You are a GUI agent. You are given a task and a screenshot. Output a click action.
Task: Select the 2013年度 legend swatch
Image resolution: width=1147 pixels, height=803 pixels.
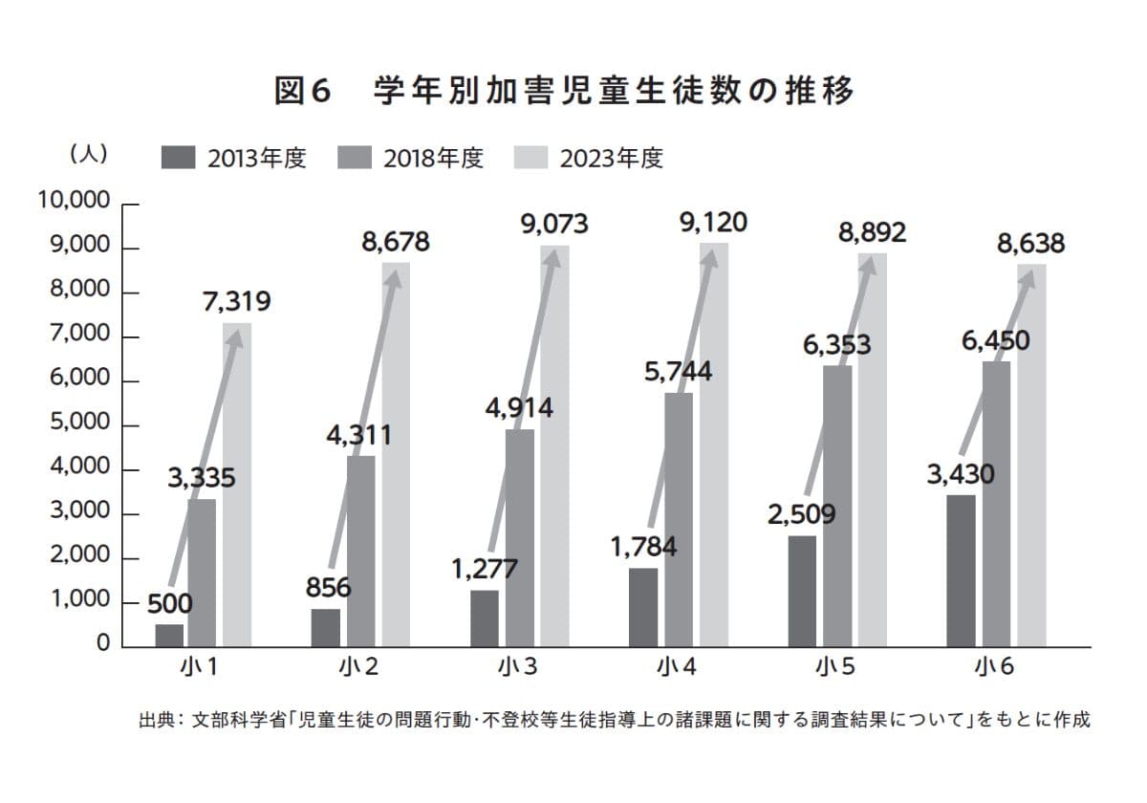coord(179,158)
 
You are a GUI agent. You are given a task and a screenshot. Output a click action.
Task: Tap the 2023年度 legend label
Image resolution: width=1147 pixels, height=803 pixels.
coord(612,158)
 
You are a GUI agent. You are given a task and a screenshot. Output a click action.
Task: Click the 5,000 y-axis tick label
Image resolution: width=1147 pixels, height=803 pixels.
coord(78,424)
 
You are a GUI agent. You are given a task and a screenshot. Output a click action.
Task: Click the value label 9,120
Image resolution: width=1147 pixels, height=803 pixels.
coord(713,223)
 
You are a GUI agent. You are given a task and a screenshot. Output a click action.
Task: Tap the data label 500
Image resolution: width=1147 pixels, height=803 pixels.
coord(170,603)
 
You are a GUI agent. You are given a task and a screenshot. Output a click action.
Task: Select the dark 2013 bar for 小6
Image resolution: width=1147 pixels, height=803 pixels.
coord(961,571)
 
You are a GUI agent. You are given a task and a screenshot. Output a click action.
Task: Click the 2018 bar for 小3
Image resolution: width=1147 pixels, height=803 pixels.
coord(520,537)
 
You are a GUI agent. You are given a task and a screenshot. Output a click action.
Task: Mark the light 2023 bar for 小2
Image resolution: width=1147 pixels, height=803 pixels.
coord(396,454)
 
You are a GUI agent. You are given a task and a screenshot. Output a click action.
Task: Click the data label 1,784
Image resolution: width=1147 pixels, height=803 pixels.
coord(643,548)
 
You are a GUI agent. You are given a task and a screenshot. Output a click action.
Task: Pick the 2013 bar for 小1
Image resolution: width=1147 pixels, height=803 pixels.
coord(169,636)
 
